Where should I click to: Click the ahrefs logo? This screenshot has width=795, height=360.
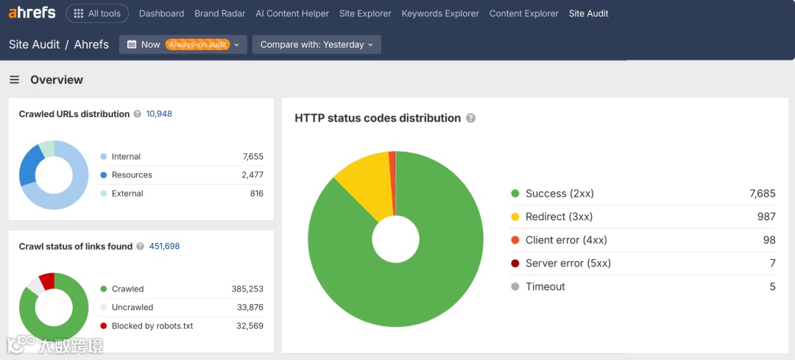[32, 13]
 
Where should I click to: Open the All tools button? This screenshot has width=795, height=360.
[97, 13]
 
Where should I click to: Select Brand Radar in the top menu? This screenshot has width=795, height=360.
[219, 13]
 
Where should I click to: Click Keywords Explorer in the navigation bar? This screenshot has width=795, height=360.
[440, 13]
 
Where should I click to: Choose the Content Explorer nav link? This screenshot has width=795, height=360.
[524, 13]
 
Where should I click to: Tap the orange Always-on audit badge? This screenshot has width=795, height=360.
[197, 44]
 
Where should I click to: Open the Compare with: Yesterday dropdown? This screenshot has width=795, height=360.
[317, 44]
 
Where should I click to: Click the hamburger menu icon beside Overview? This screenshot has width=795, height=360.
[14, 80]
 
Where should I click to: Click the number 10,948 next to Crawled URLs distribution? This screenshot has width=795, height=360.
[159, 114]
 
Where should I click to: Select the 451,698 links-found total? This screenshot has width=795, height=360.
[164, 247]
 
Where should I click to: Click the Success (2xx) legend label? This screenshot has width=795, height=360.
[559, 194]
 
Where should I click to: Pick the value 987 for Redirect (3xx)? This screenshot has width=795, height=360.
[766, 216]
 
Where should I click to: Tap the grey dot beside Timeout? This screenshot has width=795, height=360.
[515, 286]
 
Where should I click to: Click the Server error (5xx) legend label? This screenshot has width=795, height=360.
[568, 263]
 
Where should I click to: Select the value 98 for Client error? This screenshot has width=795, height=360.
[769, 240]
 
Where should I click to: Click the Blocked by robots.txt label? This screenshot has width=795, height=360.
[152, 325]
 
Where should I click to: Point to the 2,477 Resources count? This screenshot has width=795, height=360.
[252, 175]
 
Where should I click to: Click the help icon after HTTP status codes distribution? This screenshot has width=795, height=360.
[471, 119]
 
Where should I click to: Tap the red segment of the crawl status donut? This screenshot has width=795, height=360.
[48, 280]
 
